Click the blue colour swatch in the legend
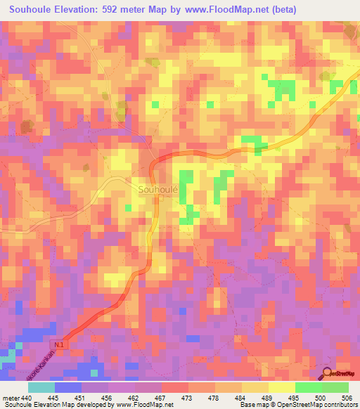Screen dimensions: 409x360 (68, 387)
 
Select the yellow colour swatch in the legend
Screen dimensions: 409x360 (281, 387)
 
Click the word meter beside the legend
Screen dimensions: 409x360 (9, 397)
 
